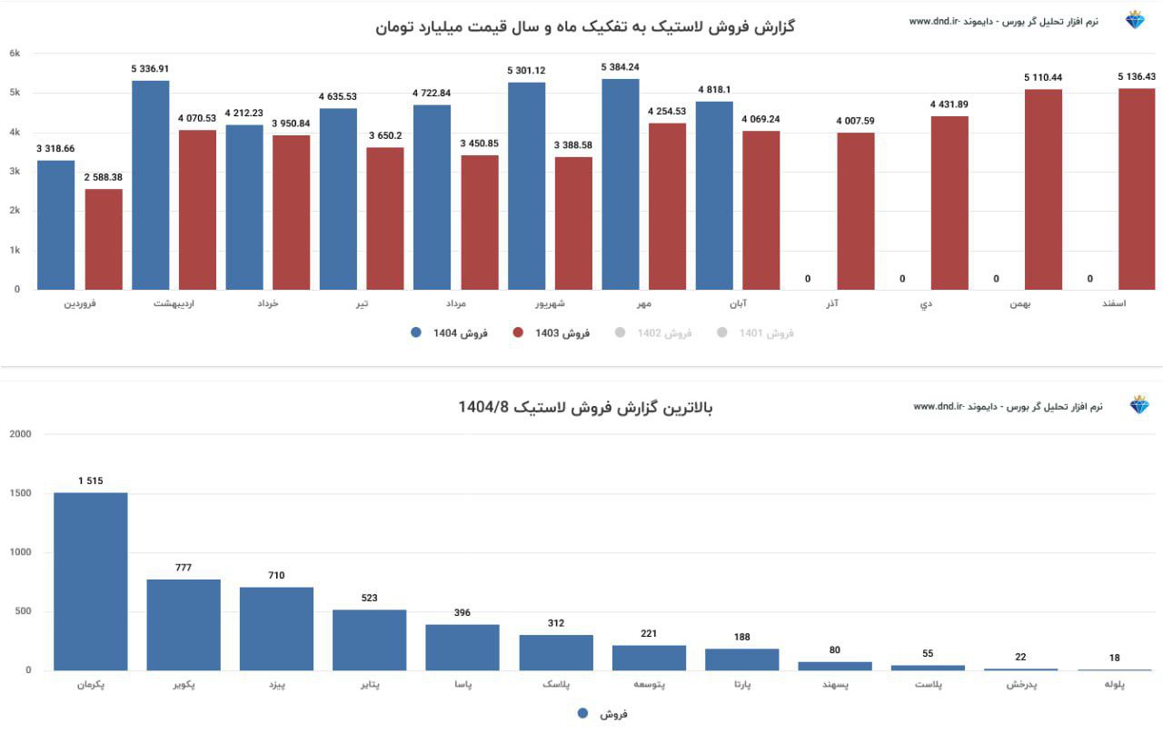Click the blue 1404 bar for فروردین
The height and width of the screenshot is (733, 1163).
click(55, 225)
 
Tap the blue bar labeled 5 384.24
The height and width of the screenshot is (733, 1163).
click(620, 184)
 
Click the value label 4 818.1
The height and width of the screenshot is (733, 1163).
click(714, 89)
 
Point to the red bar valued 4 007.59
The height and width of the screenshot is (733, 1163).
click(855, 212)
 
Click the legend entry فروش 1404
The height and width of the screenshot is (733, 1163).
click(450, 333)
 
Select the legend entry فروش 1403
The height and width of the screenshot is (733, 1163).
click(552, 333)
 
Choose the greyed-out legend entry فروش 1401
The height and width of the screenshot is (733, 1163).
click(756, 333)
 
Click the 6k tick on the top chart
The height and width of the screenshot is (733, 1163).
click(15, 54)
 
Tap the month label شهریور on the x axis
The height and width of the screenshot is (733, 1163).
click(526, 303)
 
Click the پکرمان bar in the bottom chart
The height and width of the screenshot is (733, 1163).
click(90, 581)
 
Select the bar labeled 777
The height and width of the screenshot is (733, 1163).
click(184, 625)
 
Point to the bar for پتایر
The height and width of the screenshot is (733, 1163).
click(369, 639)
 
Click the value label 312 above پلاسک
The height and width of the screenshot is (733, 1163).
click(556, 623)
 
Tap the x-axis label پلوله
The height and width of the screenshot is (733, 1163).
click(1114, 685)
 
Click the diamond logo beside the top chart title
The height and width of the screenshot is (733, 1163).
click(1135, 20)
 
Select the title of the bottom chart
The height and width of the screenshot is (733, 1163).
click(585, 407)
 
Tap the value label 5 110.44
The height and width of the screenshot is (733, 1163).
click(1042, 77)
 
